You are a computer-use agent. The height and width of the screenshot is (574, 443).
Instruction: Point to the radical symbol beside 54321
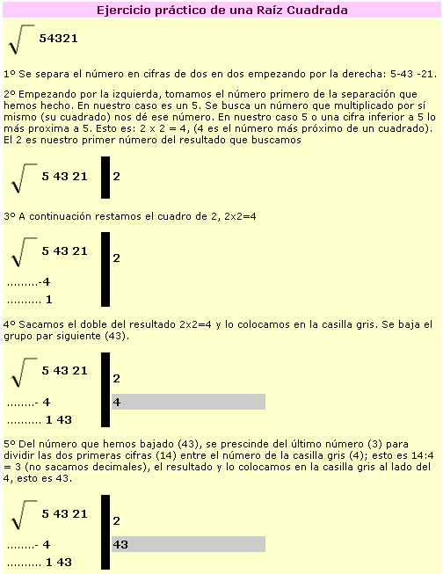point(18,40)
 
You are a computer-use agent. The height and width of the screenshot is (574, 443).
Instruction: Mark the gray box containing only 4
point(188,402)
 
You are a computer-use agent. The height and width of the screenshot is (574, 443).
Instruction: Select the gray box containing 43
point(188,544)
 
